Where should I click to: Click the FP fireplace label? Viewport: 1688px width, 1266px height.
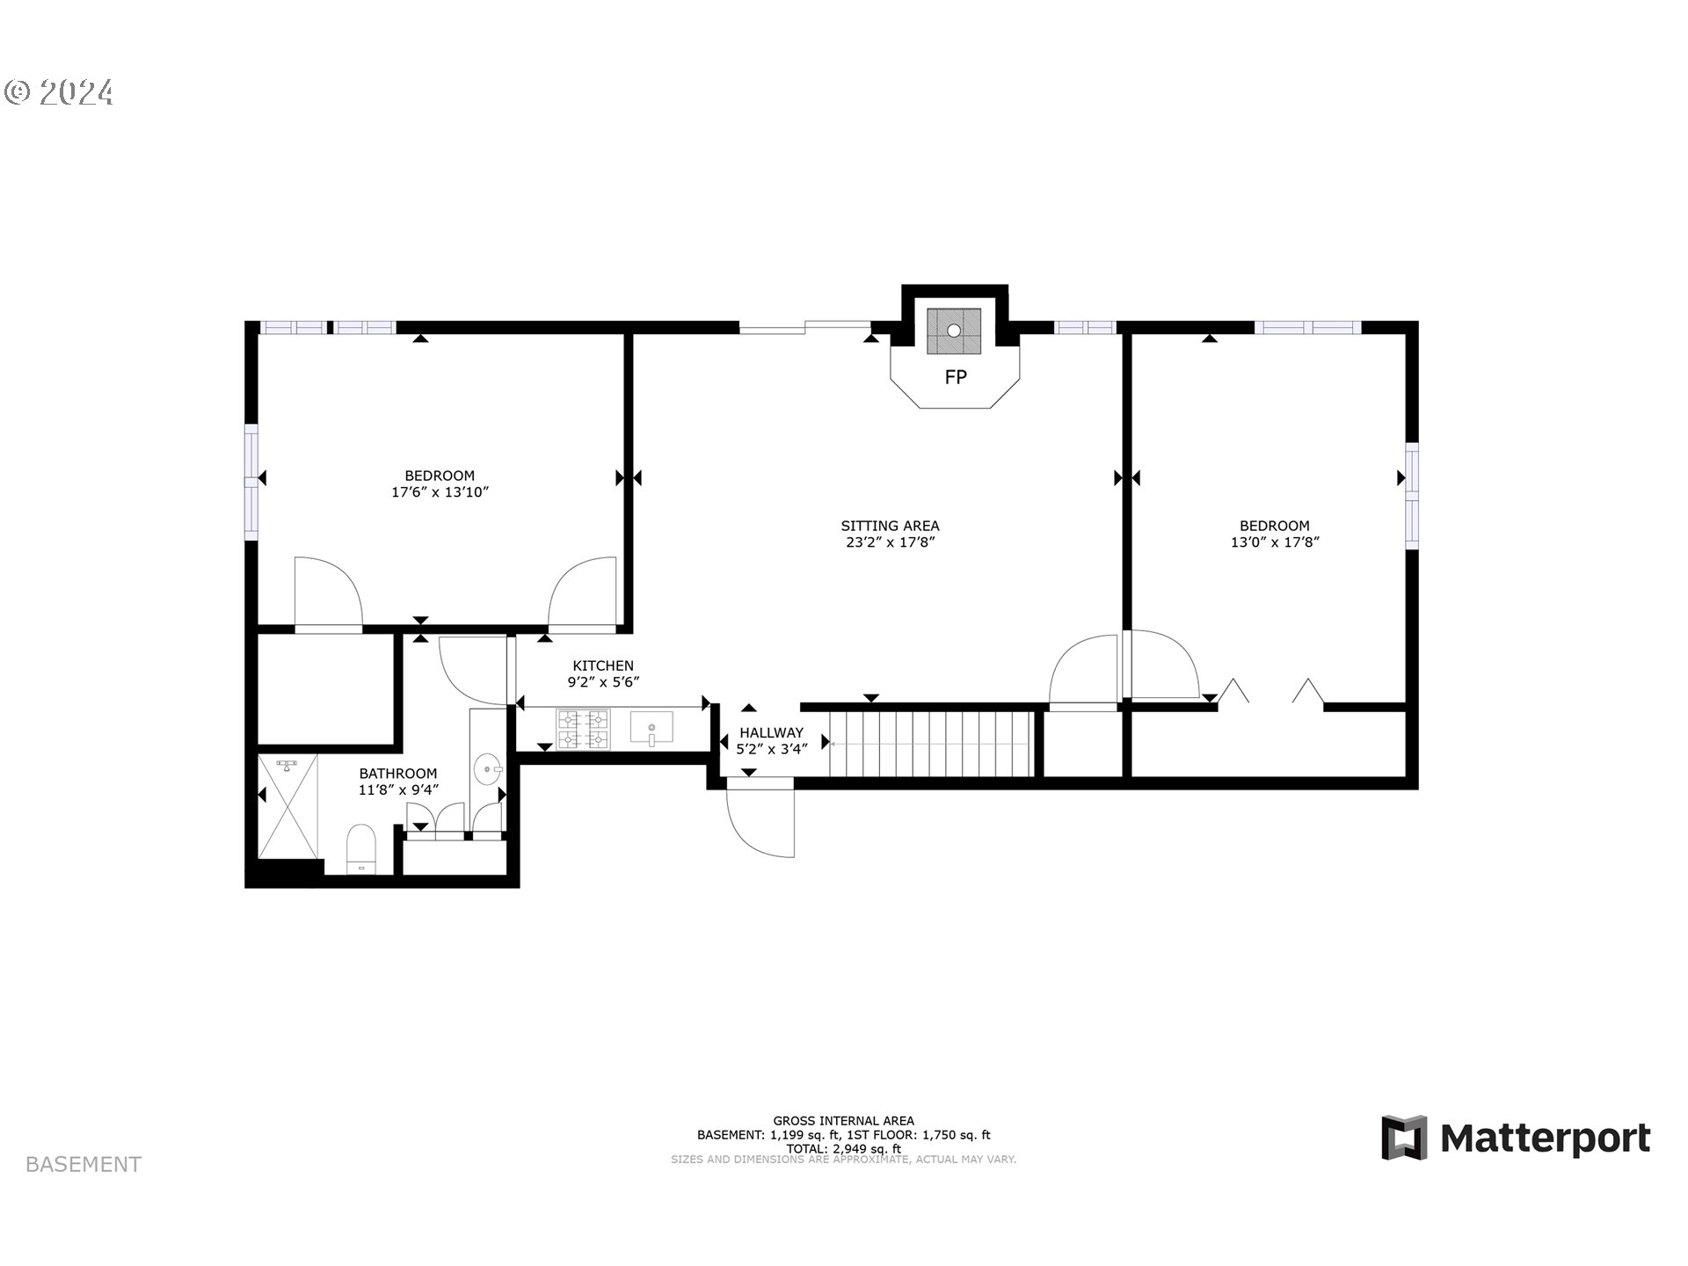click(x=956, y=377)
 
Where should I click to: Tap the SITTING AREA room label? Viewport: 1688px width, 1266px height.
click(x=890, y=526)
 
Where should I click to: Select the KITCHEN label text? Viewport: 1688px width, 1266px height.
click(x=603, y=666)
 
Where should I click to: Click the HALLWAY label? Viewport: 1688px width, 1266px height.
click(x=771, y=732)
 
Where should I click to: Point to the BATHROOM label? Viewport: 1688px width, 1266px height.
click(x=397, y=774)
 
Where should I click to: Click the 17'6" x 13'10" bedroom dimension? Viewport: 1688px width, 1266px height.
click(x=440, y=492)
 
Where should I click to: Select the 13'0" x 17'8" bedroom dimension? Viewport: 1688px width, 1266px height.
click(x=1275, y=542)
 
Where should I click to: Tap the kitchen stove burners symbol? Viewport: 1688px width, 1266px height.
click(x=583, y=729)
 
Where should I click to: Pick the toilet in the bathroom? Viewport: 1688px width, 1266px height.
click(x=360, y=848)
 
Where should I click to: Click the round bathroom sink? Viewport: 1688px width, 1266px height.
click(x=486, y=770)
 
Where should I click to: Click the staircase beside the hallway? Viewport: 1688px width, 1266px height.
click(x=930, y=745)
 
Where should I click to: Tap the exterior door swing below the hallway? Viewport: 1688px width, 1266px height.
click(x=760, y=822)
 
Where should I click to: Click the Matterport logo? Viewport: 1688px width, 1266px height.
click(x=1516, y=1139)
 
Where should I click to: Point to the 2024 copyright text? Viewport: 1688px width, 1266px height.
click(x=59, y=92)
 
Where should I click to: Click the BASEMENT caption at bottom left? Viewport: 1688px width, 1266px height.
click(x=84, y=1164)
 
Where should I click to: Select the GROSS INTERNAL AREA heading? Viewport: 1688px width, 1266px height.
click(x=843, y=1120)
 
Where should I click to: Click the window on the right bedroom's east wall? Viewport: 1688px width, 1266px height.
click(x=1412, y=496)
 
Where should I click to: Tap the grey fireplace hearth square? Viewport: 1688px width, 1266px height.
click(x=954, y=331)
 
